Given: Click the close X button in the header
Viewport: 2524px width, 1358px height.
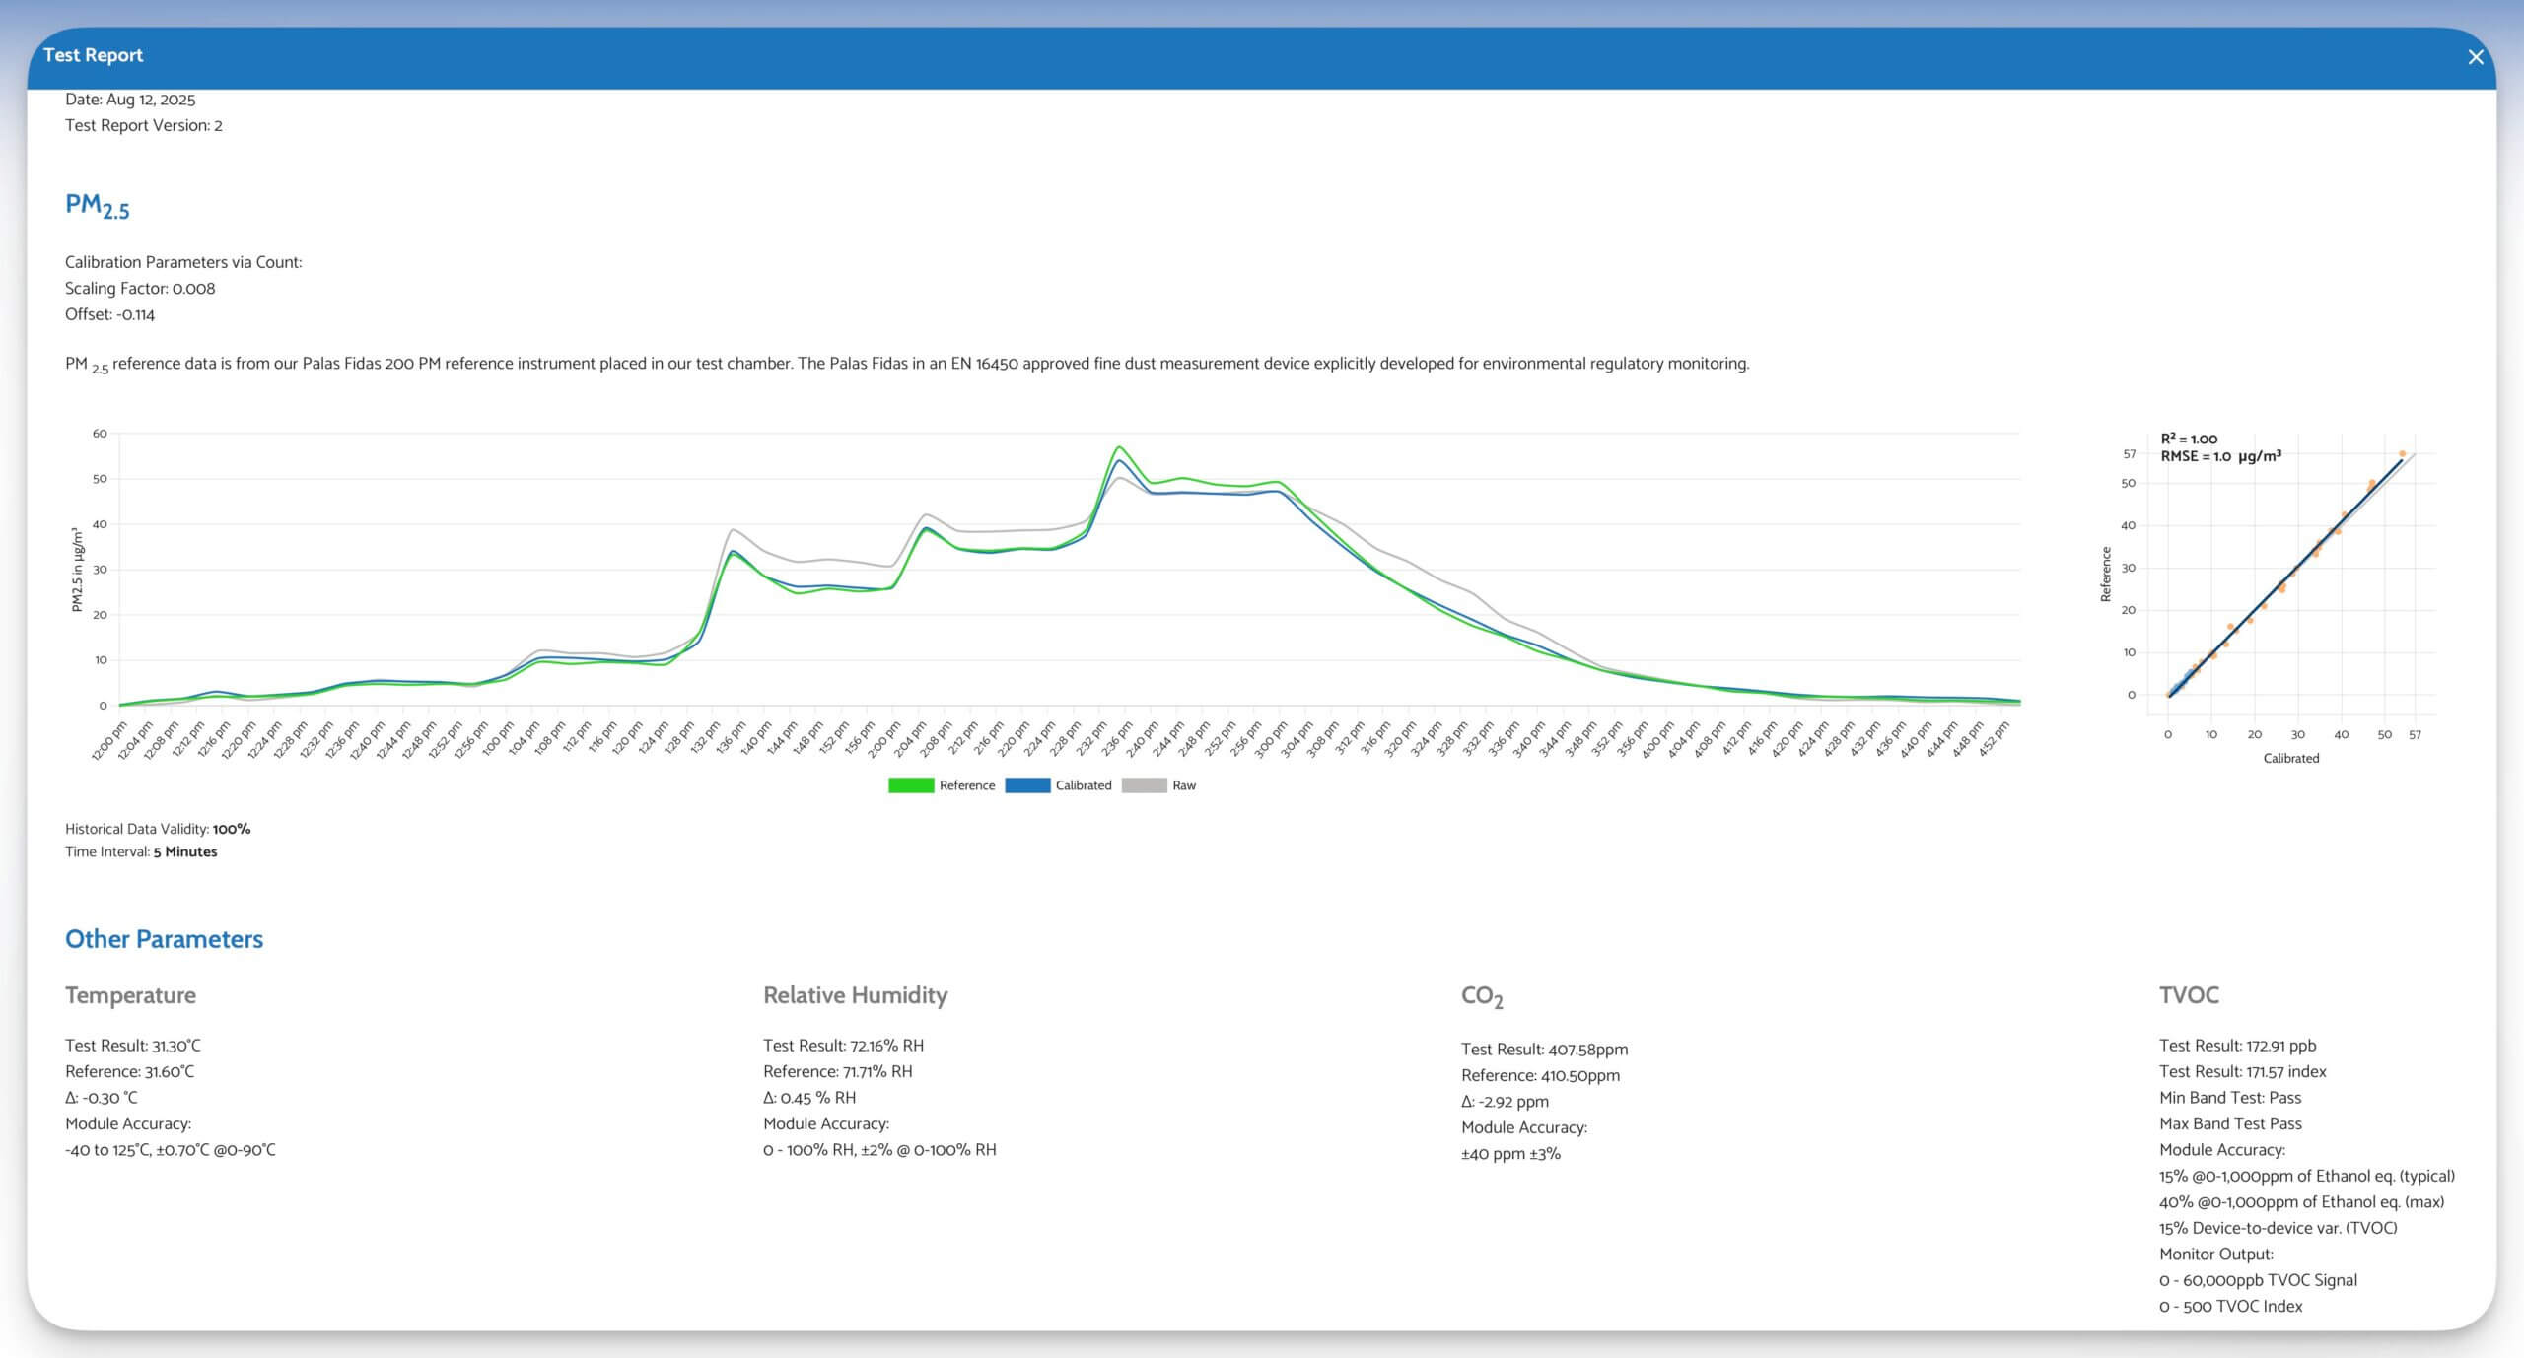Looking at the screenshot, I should (x=2475, y=57).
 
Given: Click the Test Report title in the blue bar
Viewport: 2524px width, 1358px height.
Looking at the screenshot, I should (x=93, y=55).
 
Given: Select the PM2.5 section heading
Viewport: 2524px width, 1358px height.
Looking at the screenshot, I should (x=97, y=205).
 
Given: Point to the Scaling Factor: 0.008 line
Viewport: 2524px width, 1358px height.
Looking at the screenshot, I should (x=140, y=289).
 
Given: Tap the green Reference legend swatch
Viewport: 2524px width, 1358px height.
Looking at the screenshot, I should (x=910, y=785).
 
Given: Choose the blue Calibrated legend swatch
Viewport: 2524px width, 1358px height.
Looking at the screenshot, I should (x=1027, y=785).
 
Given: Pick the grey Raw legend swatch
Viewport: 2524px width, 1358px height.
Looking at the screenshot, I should (x=1144, y=785).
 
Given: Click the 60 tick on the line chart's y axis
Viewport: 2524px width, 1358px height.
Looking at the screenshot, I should (x=100, y=434).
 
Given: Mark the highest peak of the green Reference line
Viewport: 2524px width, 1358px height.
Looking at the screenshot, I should (x=1119, y=447).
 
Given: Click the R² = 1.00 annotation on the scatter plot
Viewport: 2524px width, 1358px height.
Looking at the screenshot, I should (x=2189, y=440).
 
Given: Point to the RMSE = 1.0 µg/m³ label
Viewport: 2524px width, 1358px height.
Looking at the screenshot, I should (x=2220, y=456).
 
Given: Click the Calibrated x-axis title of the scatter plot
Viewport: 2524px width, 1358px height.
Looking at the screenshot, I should (x=2290, y=758).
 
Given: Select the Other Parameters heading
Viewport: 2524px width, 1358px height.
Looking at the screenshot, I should (x=164, y=939).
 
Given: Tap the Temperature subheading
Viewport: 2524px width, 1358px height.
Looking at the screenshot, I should (x=130, y=995).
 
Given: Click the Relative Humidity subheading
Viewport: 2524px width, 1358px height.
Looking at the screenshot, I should (x=855, y=995).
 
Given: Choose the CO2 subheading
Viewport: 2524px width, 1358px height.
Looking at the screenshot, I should (x=1481, y=996).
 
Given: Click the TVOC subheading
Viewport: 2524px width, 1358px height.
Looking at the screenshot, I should (x=2189, y=995).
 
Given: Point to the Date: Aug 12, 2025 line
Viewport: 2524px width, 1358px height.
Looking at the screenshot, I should (x=130, y=100).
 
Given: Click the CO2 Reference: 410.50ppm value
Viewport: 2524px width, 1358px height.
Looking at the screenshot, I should (x=1540, y=1075).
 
